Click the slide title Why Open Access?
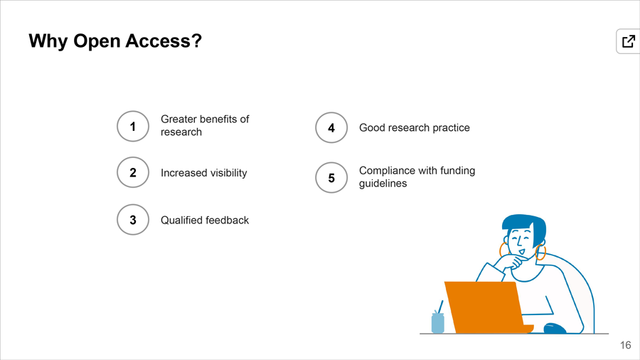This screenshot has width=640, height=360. click(x=115, y=41)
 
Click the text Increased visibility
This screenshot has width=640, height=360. click(x=203, y=173)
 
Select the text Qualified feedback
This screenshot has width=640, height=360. click(x=205, y=221)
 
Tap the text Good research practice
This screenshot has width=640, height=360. click(x=415, y=128)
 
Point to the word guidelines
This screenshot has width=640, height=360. click(x=383, y=184)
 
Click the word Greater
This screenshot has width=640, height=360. click(x=178, y=120)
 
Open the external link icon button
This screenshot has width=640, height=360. click(x=628, y=41)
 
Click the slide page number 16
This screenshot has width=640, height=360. click(x=625, y=345)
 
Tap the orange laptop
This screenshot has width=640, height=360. click(x=486, y=307)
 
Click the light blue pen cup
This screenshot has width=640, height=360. click(x=437, y=322)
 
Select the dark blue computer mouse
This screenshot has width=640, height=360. click(x=555, y=328)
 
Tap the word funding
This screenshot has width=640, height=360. click(x=457, y=171)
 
